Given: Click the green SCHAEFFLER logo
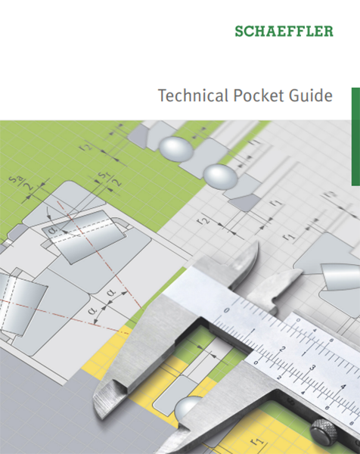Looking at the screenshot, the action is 284,31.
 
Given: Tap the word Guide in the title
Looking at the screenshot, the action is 311,95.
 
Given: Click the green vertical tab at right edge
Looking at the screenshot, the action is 355,136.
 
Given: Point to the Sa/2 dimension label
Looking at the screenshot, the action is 21,183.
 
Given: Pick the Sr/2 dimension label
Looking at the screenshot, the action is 110,179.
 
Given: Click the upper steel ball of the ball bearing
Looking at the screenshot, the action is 175,149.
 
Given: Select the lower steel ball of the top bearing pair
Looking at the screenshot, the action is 220,176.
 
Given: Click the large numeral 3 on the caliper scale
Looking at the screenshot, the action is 312,368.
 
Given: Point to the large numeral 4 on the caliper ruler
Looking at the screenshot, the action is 343,387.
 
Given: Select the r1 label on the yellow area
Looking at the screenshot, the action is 257,441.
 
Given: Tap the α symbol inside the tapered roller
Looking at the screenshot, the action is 53,230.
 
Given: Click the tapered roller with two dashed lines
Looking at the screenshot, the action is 83,237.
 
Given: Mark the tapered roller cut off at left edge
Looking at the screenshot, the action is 20,304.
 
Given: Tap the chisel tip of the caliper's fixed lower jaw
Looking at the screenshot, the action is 98,399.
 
